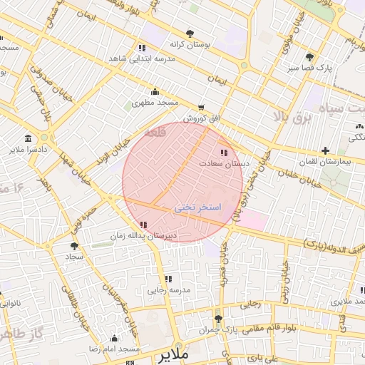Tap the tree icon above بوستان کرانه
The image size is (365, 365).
pos(190,34)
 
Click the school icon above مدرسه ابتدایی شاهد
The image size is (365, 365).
pos(141,48)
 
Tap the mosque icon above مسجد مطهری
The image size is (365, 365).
pos(155,91)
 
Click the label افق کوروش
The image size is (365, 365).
pos(200,118)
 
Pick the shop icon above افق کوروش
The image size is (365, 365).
pos(201,107)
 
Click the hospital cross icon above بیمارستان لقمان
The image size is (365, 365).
pos(326,150)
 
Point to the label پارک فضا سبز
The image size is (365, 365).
pos(309,68)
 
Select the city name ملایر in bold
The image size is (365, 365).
pos(172,354)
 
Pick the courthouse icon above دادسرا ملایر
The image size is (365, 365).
pos(28,138)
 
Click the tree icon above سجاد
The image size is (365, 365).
pos(74,245)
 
